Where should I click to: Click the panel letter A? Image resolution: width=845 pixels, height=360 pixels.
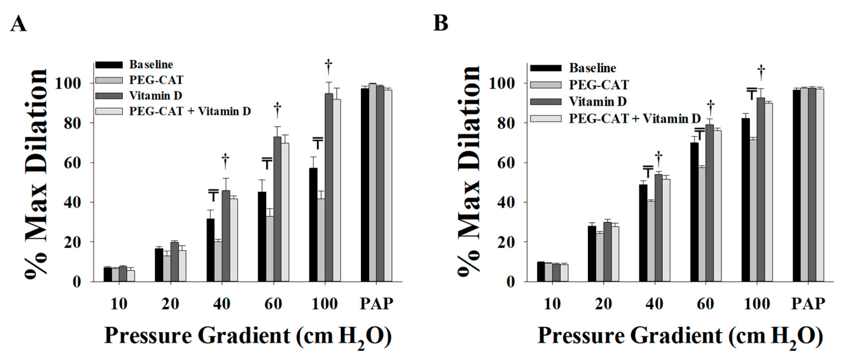tap(18, 24)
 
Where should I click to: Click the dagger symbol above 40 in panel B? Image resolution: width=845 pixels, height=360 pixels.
tap(658, 159)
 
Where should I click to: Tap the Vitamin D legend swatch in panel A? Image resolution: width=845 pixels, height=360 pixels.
tap(109, 96)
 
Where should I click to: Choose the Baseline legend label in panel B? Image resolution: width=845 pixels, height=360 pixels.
tap(592, 68)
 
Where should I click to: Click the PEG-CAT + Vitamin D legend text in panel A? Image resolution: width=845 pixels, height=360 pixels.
tap(190, 111)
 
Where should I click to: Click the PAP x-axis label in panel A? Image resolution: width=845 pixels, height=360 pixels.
tap(376, 304)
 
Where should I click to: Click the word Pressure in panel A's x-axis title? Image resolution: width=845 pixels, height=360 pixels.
tap(148, 336)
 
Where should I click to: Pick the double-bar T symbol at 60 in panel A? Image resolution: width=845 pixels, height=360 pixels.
tap(267, 163)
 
